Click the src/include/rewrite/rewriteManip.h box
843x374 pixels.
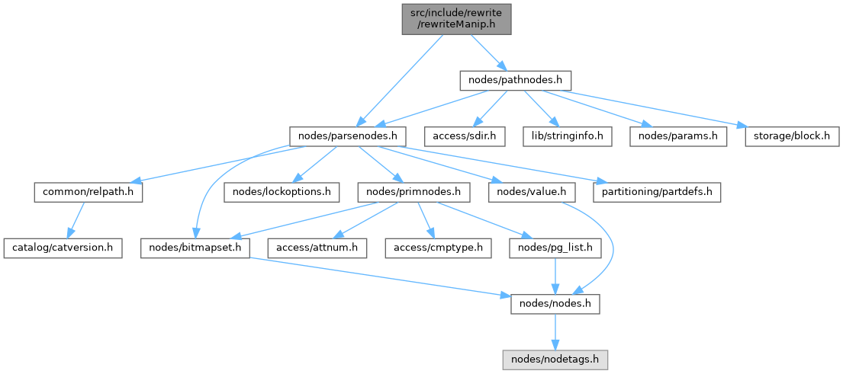(x=456, y=18)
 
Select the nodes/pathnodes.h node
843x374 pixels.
(x=515, y=79)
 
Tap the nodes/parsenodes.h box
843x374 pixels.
(x=347, y=136)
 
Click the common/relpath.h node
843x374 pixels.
(x=88, y=192)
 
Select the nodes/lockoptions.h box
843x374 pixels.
(x=281, y=192)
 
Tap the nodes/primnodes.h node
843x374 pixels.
(x=413, y=192)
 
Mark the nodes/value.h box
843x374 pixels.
(x=531, y=192)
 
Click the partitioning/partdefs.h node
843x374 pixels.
(x=657, y=192)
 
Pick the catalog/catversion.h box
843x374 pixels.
(x=63, y=248)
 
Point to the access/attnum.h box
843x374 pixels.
(x=317, y=248)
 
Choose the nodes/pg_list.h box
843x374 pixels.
(x=554, y=248)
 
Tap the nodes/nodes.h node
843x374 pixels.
(x=554, y=304)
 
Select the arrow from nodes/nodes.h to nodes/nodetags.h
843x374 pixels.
(x=554, y=331)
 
